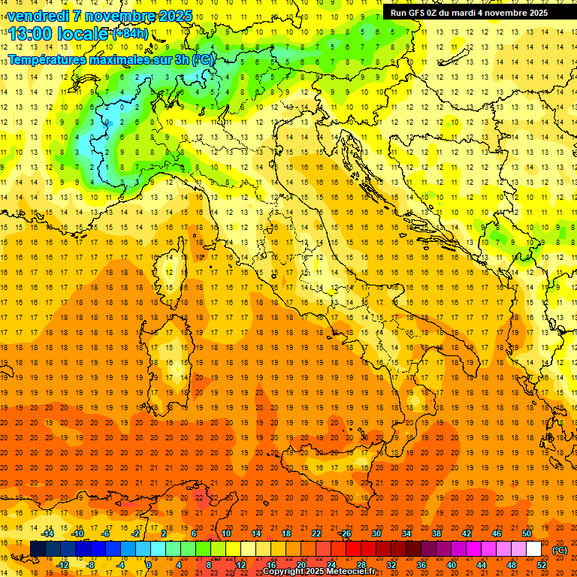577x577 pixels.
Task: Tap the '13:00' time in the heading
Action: pos(32,33)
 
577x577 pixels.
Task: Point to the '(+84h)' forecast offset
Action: pos(130,34)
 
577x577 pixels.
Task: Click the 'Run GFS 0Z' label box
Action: pos(469,13)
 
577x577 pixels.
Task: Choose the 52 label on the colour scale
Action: pos(542,565)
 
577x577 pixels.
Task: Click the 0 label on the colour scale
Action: pos(148,565)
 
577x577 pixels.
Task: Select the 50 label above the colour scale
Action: pos(527,533)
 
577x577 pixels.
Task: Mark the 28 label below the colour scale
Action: pos(361,565)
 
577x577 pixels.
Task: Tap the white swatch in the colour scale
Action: pos(533,549)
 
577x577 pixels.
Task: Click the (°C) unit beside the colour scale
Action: pos(560,549)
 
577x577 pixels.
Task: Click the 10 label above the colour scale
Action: pos(225,533)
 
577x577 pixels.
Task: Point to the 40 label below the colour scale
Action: pos(451,565)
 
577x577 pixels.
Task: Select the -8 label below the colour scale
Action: pos(90,565)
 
